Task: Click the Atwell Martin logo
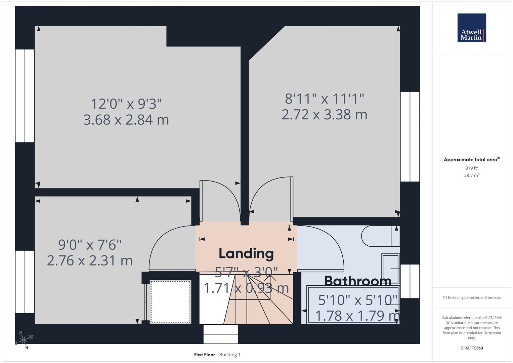point(471,28)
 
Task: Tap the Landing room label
point(246,253)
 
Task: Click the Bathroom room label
point(357,281)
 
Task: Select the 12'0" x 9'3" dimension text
point(126,104)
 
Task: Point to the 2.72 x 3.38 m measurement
point(324,115)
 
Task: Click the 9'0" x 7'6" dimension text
point(90,245)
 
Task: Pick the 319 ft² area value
point(471,168)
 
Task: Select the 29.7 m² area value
point(471,175)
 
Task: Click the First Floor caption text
point(204,355)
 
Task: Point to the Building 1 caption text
point(230,355)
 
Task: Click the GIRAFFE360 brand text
point(471,348)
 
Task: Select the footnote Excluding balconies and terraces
point(471,297)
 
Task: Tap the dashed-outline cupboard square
point(170,302)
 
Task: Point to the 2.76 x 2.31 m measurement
point(90,261)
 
